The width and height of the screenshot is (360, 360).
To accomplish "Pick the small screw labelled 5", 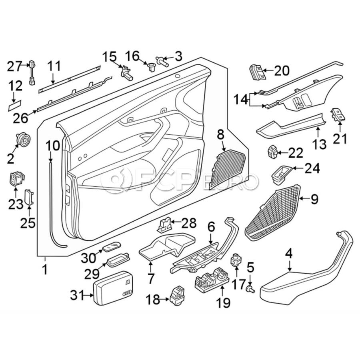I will tap(251, 288).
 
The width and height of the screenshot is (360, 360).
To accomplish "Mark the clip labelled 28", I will tap(164, 225).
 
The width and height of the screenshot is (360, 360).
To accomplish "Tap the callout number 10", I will tap(52, 146).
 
